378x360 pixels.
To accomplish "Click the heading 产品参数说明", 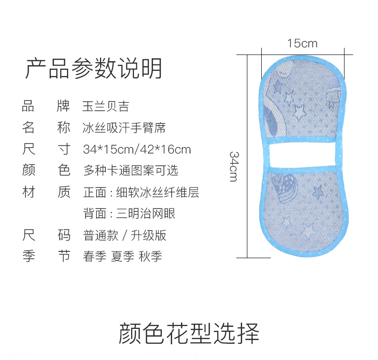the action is (x=94, y=69).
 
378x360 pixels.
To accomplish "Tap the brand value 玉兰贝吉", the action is (x=106, y=106).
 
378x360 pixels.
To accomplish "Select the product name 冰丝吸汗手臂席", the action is (x=124, y=128).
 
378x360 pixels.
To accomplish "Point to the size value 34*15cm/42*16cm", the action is (x=137, y=149).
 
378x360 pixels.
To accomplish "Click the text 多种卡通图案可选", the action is (x=131, y=170).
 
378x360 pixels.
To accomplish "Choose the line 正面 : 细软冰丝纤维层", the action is (x=141, y=192).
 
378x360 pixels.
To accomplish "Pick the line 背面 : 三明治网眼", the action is (x=129, y=213).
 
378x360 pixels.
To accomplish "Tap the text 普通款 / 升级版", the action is (x=125, y=235).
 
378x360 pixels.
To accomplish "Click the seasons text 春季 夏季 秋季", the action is (x=122, y=257).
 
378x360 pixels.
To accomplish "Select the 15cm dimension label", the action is (x=302, y=44).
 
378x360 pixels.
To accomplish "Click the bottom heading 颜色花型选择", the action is (x=189, y=334).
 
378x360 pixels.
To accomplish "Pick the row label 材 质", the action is (x=46, y=192).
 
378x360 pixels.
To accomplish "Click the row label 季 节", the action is (x=46, y=257).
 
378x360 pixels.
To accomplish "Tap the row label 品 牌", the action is (x=46, y=106).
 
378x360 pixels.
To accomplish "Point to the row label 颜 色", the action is (x=46, y=170).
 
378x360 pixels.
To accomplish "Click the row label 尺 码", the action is (x=46, y=235).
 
